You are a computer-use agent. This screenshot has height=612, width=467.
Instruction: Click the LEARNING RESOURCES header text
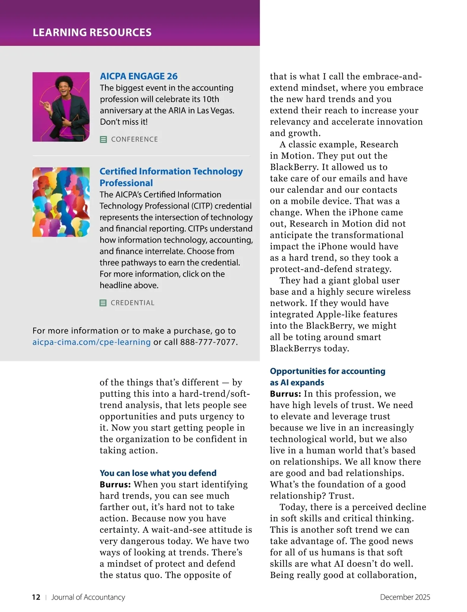92,32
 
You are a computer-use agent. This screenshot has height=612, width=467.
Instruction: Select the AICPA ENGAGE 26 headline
139,76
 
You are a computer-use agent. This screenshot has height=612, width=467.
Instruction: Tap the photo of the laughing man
61,107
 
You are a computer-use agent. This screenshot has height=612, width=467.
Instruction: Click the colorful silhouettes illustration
61,202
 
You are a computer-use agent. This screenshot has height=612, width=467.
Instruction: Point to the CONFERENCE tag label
134,139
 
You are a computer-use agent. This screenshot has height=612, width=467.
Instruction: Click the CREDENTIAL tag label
132,303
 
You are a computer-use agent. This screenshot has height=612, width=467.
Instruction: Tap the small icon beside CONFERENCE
104,139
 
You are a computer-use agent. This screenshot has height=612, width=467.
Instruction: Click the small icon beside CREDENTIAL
103,303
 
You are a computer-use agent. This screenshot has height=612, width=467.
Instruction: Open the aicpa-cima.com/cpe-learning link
91,342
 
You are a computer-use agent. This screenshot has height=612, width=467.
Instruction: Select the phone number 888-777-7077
208,342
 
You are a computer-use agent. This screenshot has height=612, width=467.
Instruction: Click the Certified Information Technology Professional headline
171,177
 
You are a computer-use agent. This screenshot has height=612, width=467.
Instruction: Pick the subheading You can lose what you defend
158,473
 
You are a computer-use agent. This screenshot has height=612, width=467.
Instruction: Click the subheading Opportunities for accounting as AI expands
327,377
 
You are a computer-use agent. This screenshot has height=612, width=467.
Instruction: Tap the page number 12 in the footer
36,597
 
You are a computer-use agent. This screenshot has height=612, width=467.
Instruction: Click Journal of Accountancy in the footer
88,597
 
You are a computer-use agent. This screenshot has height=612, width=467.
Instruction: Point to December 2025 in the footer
405,597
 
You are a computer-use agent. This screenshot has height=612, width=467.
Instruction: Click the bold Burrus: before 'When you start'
115,485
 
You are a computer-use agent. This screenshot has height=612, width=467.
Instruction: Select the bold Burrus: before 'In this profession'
285,394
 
